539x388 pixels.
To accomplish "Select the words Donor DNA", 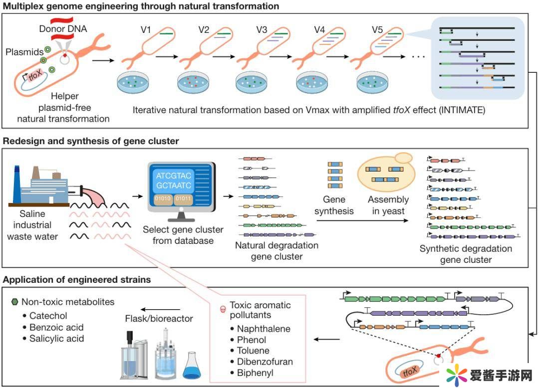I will [x=63, y=29].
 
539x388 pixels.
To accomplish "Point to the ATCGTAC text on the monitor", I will [x=173, y=177].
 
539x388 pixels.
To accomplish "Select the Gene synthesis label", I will [x=334, y=205].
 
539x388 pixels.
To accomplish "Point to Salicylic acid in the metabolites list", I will [x=56, y=339].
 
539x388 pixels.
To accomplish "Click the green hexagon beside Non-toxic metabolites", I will [x=14, y=302].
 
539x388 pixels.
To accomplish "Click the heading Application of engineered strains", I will [x=77, y=280].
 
